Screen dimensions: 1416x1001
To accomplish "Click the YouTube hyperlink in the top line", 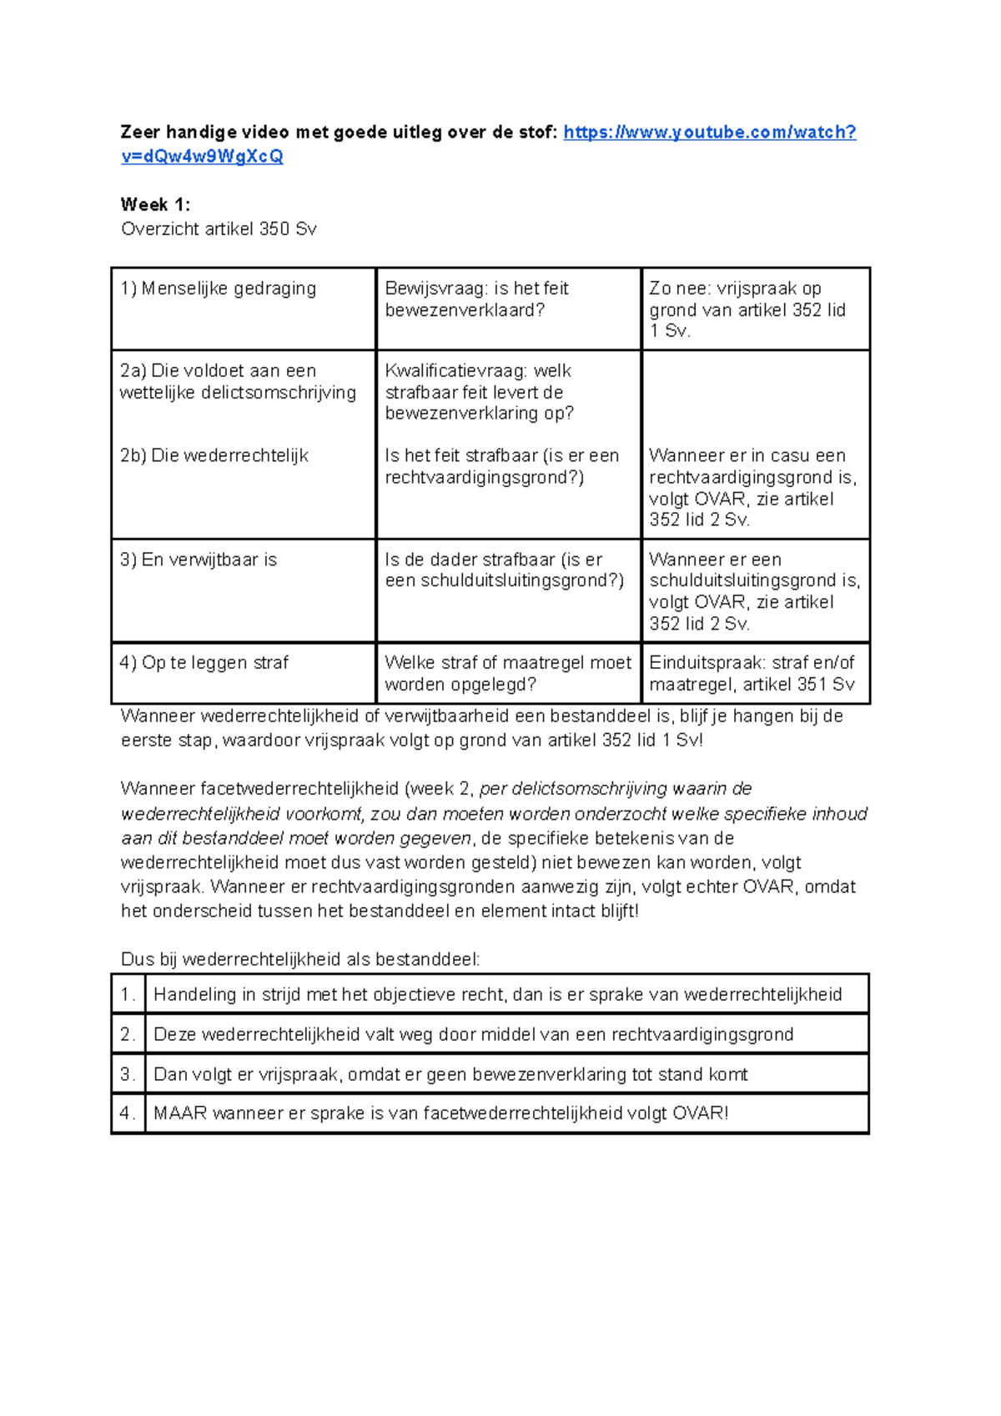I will click(709, 133).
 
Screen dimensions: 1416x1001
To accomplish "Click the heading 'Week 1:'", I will click(155, 204).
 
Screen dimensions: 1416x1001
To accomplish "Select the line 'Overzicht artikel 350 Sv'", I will click(219, 228).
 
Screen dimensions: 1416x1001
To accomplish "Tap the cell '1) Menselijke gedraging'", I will click(219, 289).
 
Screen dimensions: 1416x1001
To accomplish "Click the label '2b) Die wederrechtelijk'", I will click(214, 455).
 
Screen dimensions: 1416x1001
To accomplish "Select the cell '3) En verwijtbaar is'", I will click(199, 560).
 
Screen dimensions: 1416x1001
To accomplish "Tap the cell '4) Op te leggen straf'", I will click(204, 663).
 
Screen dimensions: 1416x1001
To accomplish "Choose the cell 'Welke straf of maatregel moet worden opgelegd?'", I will click(507, 674).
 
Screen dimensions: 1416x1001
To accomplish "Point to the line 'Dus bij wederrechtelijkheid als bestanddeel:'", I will click(300, 959).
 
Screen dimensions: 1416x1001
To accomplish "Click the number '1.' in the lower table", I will click(128, 994).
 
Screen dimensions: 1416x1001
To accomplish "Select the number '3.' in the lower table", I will click(128, 1074).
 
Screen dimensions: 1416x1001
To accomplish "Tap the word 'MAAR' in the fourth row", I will click(179, 1113).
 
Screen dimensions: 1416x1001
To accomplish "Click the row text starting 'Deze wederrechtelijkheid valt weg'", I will click(473, 1034).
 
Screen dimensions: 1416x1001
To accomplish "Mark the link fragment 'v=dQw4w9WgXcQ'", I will click(202, 157).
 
